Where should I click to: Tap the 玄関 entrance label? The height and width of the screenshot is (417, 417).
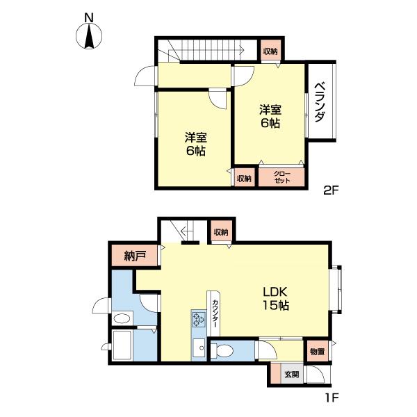click(x=291, y=375)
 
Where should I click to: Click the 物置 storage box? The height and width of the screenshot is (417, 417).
click(x=317, y=352)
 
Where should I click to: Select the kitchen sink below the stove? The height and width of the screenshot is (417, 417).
click(x=198, y=347)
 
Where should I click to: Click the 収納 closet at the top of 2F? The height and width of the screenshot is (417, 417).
click(x=270, y=51)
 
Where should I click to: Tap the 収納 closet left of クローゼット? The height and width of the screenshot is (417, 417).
click(x=243, y=179)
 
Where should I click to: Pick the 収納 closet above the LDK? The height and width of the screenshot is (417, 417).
click(x=221, y=232)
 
